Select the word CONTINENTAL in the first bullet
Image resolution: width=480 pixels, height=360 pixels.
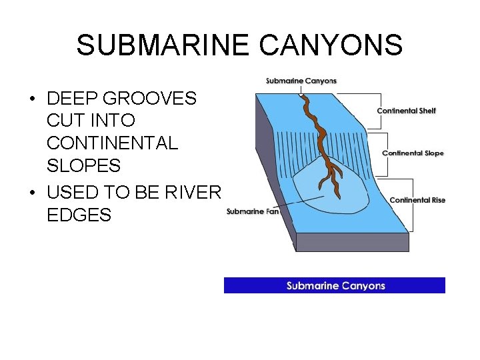113,143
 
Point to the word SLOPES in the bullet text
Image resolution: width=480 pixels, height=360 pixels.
84,166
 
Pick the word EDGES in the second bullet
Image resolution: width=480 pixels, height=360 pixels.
79,215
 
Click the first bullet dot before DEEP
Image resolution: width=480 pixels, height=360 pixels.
32,99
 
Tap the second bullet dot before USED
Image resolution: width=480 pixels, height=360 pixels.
32,193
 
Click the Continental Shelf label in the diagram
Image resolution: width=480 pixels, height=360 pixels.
406,111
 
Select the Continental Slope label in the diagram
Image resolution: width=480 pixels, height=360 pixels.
413,153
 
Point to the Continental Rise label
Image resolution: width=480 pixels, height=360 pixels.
417,200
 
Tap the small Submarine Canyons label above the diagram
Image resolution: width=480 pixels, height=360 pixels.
301,81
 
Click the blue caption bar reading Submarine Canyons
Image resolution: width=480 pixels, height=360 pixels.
335,285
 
